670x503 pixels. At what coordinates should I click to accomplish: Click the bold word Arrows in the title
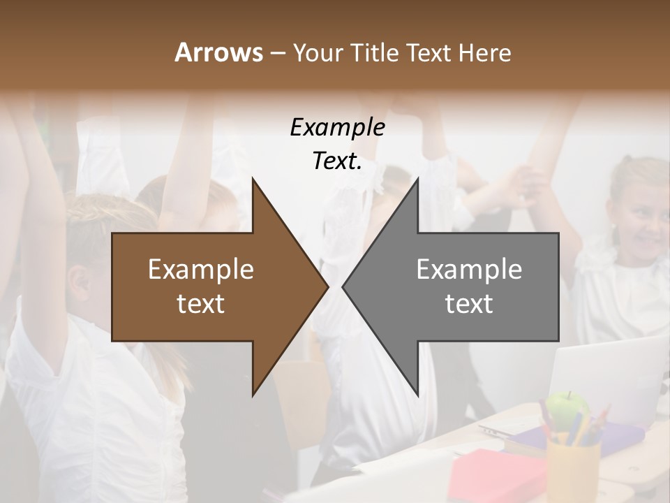pyautogui.click(x=218, y=52)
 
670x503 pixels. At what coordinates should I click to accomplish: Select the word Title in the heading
pyautogui.click(x=373, y=52)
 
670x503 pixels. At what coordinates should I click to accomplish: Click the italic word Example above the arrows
pyautogui.click(x=337, y=128)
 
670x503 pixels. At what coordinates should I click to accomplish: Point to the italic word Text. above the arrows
pyautogui.click(x=337, y=161)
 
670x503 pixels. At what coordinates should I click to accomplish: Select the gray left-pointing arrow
pyautogui.click(x=468, y=286)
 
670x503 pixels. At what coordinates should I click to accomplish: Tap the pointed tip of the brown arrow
pyautogui.click(x=325, y=286)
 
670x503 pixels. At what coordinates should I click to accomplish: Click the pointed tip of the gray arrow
pyautogui.click(x=345, y=286)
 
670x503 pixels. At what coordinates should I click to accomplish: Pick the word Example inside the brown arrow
pyautogui.click(x=201, y=270)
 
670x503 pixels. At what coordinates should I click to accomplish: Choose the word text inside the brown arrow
pyautogui.click(x=201, y=304)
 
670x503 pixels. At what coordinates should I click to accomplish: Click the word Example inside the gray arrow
pyautogui.click(x=469, y=270)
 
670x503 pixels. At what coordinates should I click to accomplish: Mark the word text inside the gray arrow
pyautogui.click(x=469, y=304)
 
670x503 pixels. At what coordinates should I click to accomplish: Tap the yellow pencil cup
pyautogui.click(x=573, y=468)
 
